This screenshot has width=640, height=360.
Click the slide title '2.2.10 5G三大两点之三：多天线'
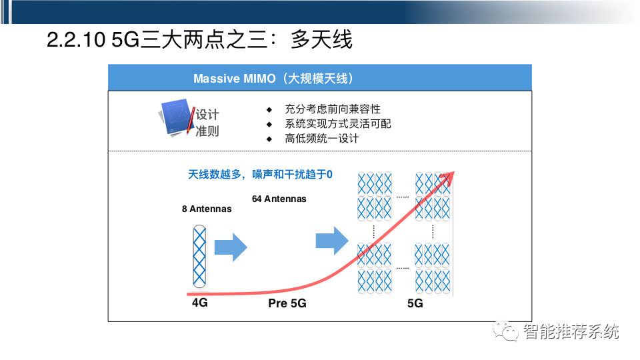pos(199,40)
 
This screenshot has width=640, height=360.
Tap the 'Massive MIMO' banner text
pos(273,79)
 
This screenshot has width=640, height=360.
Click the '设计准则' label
pos(207,123)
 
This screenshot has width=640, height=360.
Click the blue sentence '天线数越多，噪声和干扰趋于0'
pos(260,175)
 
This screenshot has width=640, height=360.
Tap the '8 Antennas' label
pos(207,209)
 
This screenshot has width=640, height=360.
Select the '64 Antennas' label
pos(279,199)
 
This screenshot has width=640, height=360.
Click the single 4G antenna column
pos(199,258)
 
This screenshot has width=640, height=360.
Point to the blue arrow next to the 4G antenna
pos(231,248)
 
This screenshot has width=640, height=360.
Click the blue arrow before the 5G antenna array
pos(331,241)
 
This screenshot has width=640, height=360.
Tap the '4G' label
pos(200,303)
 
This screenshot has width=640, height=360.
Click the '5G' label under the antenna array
pos(415,303)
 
